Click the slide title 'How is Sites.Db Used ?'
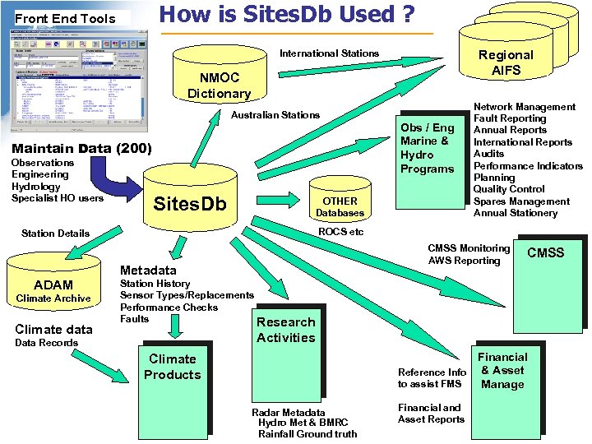pos(286,14)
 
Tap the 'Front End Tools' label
pos(65,18)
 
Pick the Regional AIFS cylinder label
pos(506,62)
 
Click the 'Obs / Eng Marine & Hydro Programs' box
pos(427,148)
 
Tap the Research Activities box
pos(285,330)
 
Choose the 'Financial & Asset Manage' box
pos(502,370)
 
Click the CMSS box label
pos(545,252)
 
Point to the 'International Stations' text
pos(329,53)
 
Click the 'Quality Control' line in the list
pos(508,189)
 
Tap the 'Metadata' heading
pos(148,271)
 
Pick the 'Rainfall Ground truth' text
pos(307,434)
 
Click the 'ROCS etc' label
pos(340,232)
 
